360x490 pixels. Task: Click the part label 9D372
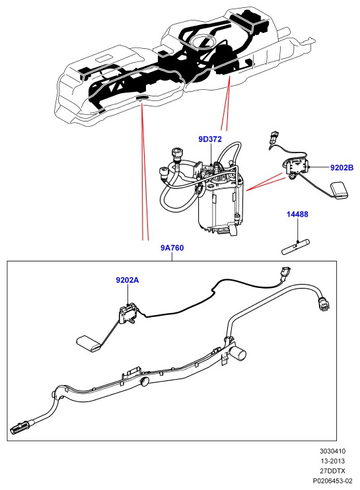click(x=210, y=139)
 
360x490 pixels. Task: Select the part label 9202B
click(x=342, y=168)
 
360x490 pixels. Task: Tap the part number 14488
click(x=297, y=214)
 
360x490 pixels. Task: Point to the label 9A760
click(x=172, y=248)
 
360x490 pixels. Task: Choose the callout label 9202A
click(x=127, y=280)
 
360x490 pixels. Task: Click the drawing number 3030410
click(x=332, y=451)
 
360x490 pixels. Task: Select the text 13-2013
click(x=332, y=461)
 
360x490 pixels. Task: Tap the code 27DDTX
click(x=332, y=471)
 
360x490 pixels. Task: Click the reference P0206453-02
click(x=332, y=481)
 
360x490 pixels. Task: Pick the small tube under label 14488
click(x=296, y=247)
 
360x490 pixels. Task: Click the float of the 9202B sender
click(x=339, y=190)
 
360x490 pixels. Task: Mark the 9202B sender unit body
click(x=296, y=167)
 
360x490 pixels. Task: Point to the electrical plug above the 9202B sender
click(x=272, y=139)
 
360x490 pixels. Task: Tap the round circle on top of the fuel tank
click(x=202, y=42)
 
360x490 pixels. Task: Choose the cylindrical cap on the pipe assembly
click(x=239, y=353)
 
